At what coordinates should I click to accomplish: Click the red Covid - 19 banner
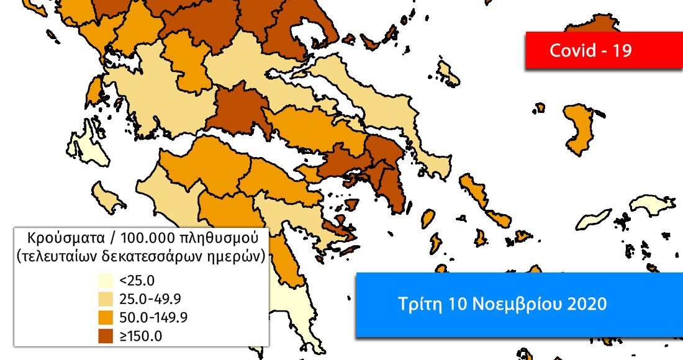[590, 50]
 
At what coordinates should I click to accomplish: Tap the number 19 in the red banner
[622, 51]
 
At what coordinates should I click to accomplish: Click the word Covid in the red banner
[571, 51]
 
